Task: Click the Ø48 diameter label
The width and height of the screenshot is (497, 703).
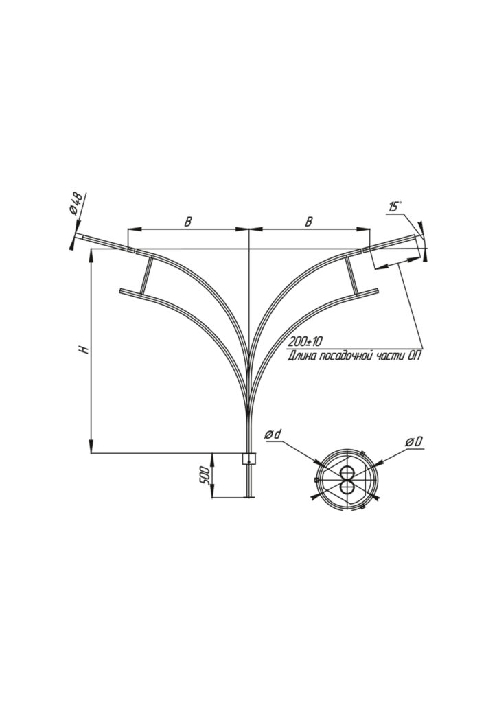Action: point(77,203)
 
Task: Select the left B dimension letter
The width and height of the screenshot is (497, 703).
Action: point(188,222)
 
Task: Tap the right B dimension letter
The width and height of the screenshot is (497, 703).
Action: point(309,222)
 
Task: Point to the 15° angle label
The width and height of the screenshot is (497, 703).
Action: point(395,207)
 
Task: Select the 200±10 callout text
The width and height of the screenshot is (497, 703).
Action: point(305,342)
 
